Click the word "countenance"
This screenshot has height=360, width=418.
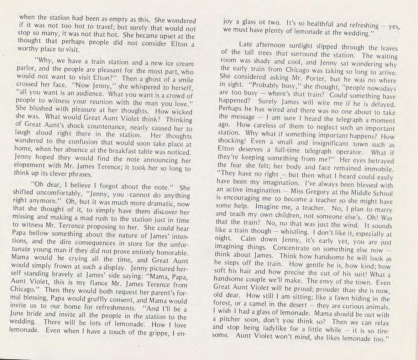pyautogui.click(x=101, y=129)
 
